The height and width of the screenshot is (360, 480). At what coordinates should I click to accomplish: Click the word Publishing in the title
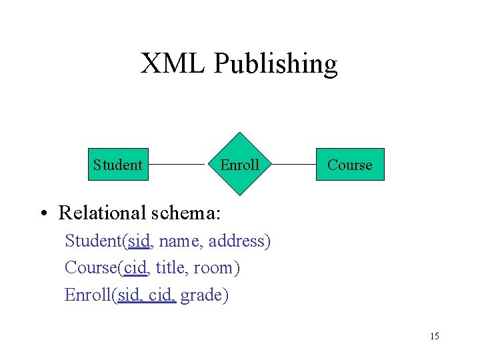[275, 65]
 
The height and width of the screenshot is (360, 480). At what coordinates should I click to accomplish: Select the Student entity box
[118, 164]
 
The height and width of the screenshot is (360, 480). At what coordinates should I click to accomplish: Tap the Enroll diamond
[239, 164]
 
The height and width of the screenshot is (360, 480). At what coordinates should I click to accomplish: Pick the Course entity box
[350, 164]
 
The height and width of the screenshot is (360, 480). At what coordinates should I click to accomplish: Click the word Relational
[102, 213]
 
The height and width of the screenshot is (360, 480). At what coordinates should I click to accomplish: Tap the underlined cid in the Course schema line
[135, 268]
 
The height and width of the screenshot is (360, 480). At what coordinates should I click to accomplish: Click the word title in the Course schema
[169, 268]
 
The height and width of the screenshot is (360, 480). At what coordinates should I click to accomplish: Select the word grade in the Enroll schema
[203, 295]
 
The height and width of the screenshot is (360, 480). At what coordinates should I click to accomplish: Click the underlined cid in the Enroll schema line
[161, 295]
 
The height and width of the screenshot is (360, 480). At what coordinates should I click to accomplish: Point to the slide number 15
[435, 336]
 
